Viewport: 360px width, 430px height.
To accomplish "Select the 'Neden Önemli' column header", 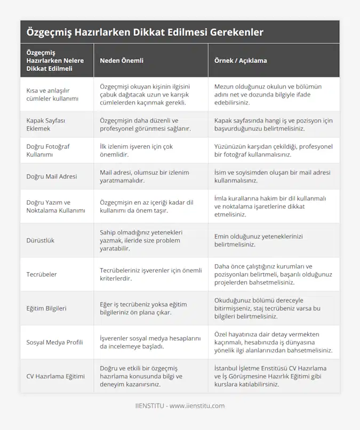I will pyautogui.click(x=122, y=61).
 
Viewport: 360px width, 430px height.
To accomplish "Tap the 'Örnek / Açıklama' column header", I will pyautogui.click(x=240, y=61).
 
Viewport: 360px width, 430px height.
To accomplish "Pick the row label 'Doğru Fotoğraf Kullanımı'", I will pyautogui.click(x=48, y=150).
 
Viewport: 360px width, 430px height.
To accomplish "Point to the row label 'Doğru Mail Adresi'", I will pyautogui.click(x=52, y=176).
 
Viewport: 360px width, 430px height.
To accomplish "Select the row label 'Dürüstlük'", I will pyautogui.click(x=40, y=240).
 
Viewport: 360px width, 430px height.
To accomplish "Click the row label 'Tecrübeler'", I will pyautogui.click(x=41, y=274).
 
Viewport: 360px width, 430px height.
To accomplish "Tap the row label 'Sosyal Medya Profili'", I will pyautogui.click(x=54, y=342).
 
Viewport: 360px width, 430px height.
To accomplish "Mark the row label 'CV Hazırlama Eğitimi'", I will pyautogui.click(x=55, y=376).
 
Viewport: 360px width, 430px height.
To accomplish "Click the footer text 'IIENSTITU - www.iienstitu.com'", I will pyautogui.click(x=180, y=406).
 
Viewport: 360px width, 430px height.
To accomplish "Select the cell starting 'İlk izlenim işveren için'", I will pyautogui.click(x=137, y=150).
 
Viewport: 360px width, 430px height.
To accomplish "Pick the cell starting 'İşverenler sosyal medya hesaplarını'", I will pyautogui.click(x=151, y=342).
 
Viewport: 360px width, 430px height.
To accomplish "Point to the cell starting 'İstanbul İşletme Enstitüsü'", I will pyautogui.click(x=270, y=376).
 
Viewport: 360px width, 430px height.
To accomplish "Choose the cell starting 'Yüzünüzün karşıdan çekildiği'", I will pyautogui.click(x=273, y=150).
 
